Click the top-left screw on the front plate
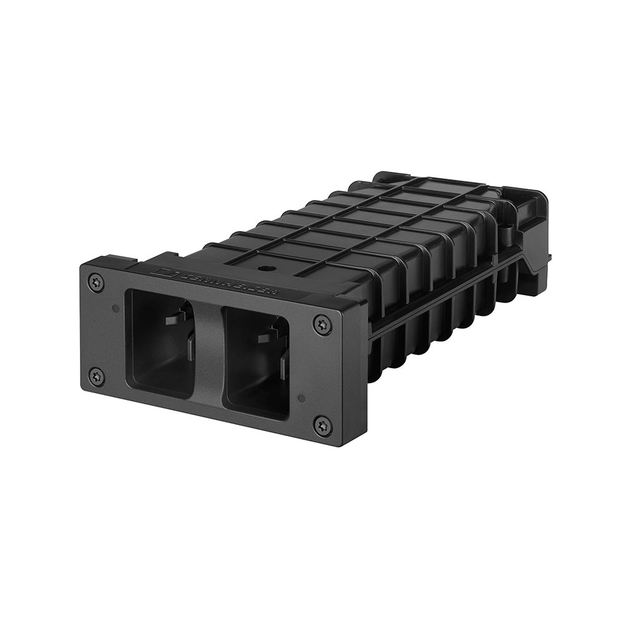[x=96, y=282]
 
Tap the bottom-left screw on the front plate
[x=96, y=376]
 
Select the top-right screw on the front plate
[x=323, y=324]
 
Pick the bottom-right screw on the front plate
[x=323, y=426]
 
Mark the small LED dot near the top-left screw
[x=115, y=308]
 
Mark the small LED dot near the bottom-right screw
[x=301, y=397]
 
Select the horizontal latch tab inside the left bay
[x=175, y=318]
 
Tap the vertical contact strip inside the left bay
[x=190, y=347]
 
